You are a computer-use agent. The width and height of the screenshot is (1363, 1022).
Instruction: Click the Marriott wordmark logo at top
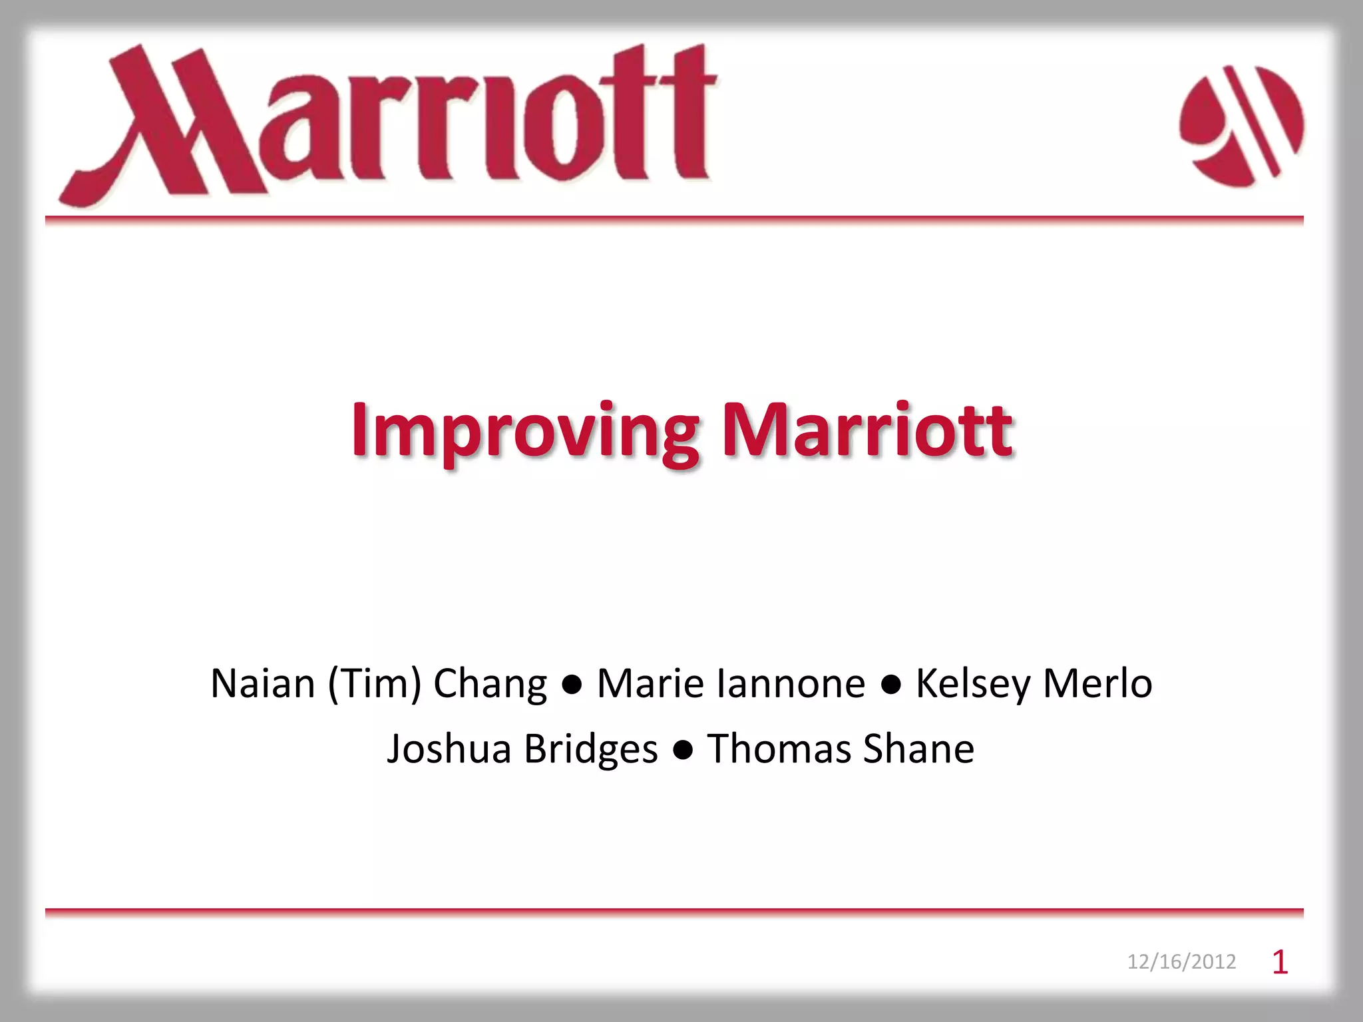pos(389,123)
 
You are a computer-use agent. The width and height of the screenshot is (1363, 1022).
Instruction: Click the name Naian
pos(262,683)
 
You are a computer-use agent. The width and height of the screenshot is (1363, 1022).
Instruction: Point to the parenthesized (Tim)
pos(375,683)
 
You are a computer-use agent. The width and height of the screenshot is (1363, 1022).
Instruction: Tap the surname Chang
pos(490,685)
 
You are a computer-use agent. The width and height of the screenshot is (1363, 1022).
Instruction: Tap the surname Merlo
pos(1097,683)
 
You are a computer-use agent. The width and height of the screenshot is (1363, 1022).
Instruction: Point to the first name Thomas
pos(779,749)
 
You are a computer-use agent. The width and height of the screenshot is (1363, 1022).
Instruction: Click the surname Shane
pos(918,749)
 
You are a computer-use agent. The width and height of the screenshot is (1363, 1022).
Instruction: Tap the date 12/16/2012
pos(1181,961)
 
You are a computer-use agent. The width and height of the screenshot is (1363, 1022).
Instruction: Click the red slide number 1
pos(1280,962)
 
